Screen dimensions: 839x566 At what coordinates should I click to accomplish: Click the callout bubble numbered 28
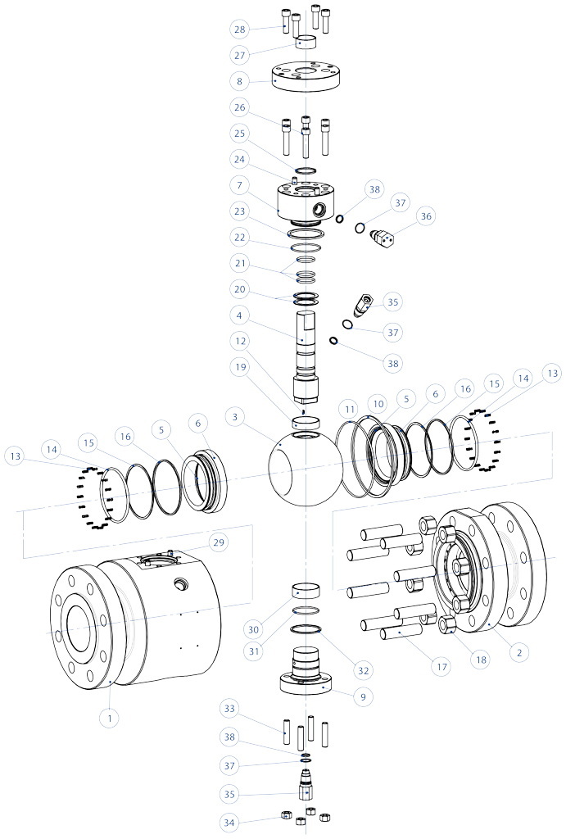[x=240, y=29]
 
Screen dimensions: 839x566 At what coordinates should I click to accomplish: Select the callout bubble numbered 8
[x=240, y=82]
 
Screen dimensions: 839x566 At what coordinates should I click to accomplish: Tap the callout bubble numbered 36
[x=424, y=216]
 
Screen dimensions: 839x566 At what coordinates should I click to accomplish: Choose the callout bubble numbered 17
[x=442, y=667]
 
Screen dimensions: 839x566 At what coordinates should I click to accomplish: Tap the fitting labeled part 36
[x=383, y=237]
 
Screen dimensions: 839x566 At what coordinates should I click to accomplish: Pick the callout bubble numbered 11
[x=350, y=407]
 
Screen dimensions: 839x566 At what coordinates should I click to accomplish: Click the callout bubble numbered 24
[x=240, y=160]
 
